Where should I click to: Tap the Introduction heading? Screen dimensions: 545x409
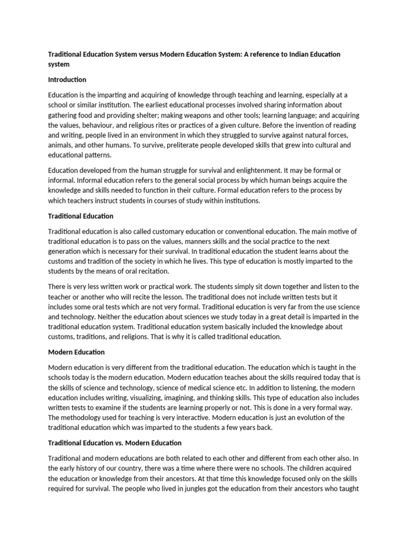pyautogui.click(x=67, y=80)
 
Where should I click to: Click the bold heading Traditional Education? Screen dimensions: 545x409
pyautogui.click(x=80, y=216)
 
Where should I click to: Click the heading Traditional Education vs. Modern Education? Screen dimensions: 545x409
pyautogui.click(x=115, y=443)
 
